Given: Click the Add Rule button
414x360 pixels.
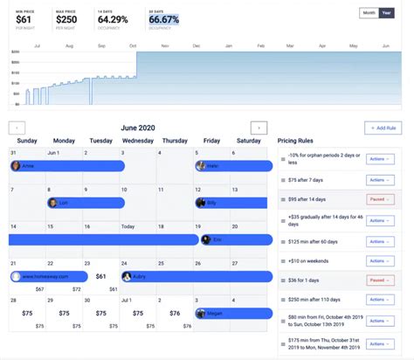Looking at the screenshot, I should point(383,128).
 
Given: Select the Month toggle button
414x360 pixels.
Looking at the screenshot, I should point(369,13).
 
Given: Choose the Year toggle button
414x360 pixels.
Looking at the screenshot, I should point(387,13).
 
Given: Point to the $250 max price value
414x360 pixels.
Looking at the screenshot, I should point(66,18).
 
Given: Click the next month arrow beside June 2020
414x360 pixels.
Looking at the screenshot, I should point(258,128).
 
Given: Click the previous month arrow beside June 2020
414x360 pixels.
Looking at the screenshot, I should point(18,128).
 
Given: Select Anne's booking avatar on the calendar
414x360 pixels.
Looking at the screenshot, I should point(17,165).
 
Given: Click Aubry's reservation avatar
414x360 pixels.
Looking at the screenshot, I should point(128,276).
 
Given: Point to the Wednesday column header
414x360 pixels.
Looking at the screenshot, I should point(138,141).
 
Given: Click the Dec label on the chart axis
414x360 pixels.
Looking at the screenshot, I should point(197,45).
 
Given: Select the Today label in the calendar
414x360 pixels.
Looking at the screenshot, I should point(129,225).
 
